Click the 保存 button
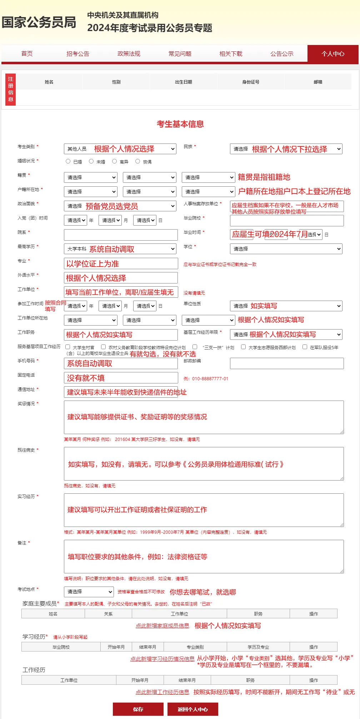point(138,709)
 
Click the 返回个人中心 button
point(192,709)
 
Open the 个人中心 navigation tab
point(332,54)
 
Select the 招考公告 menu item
point(78,54)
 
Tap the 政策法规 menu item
point(129,54)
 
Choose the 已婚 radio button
point(68,161)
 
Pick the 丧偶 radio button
point(138,161)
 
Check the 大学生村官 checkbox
point(68,347)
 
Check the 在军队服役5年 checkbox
point(305,347)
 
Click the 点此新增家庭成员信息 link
point(162,625)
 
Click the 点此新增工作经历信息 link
point(162,692)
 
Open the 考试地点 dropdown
point(89,592)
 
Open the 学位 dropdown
point(286,249)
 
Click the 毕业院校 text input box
point(287,220)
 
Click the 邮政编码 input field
point(287,363)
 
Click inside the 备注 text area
point(204,557)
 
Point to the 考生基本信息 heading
point(180,124)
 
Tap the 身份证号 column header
point(251,82)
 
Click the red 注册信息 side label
point(11,89)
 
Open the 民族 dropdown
point(286,149)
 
